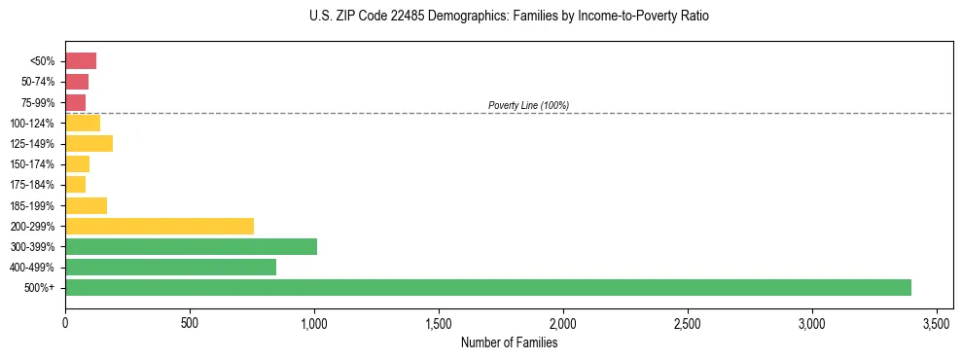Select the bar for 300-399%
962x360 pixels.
click(191, 246)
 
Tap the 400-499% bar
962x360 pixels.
click(170, 267)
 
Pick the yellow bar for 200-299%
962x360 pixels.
click(160, 226)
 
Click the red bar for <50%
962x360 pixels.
click(81, 61)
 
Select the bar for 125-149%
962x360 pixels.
click(89, 144)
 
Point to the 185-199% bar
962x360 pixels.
click(86, 205)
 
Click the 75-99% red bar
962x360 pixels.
click(75, 102)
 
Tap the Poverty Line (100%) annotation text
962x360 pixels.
click(528, 105)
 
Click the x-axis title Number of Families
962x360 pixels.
click(509, 342)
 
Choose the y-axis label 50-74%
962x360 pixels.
click(39, 82)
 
